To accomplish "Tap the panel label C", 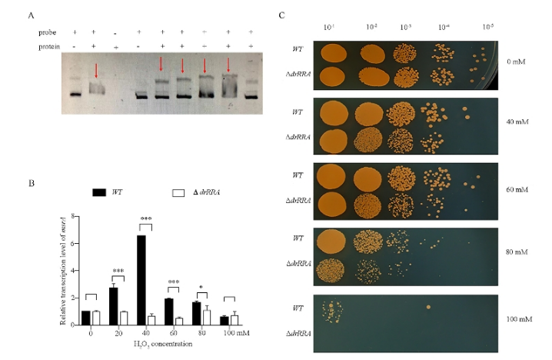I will pyautogui.click(x=282, y=15).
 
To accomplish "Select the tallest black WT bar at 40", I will pyautogui.click(x=141, y=280).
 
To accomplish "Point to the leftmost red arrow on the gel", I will pyautogui.click(x=95, y=71).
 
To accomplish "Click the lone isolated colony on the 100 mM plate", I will pyautogui.click(x=427, y=307).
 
